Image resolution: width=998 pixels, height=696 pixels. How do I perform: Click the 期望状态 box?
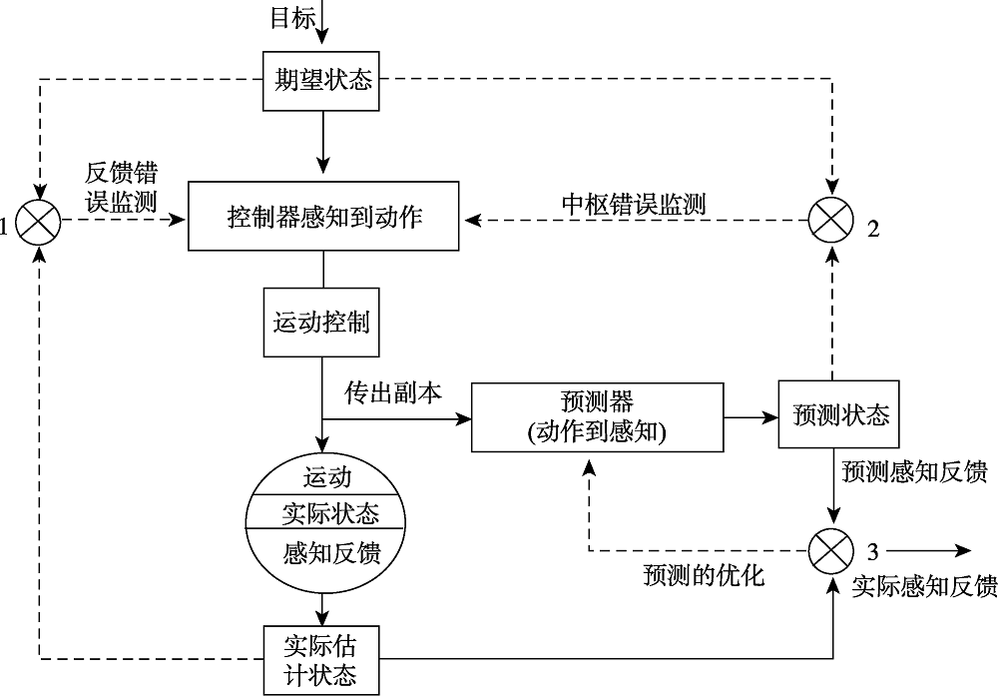(322, 80)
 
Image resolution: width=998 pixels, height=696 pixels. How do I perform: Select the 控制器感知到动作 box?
(324, 216)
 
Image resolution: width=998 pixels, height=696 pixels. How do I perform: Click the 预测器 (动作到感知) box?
(598, 416)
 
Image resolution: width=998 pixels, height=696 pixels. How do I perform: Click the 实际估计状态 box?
(322, 658)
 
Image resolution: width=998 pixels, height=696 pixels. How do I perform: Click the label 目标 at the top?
(293, 17)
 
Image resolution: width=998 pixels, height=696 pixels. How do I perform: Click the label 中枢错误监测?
(634, 205)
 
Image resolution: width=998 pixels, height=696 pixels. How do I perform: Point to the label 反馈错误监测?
(121, 187)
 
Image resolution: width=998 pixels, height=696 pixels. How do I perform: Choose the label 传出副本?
(393, 390)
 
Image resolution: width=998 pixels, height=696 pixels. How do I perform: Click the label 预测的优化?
(704, 576)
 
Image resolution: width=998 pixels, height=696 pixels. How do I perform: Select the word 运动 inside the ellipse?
(324, 476)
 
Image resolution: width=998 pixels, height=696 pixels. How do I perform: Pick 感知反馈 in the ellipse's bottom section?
(324, 552)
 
